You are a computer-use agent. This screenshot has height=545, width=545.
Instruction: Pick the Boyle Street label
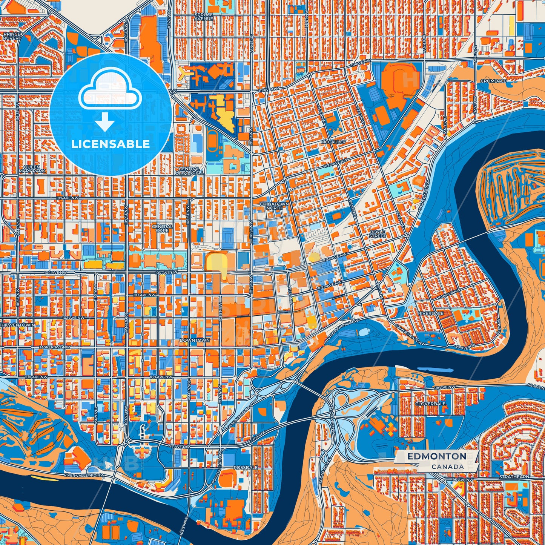coord(377,234)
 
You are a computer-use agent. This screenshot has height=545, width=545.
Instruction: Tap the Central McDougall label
coord(189,170)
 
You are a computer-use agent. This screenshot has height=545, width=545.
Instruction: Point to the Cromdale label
coord(493,81)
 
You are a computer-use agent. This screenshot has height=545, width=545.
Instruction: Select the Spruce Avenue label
coord(204,17)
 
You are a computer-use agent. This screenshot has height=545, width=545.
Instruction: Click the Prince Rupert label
coord(12,36)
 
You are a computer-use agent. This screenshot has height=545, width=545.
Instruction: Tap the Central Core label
coord(162,228)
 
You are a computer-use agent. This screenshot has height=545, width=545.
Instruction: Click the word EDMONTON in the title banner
coord(436,456)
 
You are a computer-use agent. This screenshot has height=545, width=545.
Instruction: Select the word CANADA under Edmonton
coord(448,467)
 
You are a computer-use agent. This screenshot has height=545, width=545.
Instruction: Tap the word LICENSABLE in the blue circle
coord(111,144)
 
